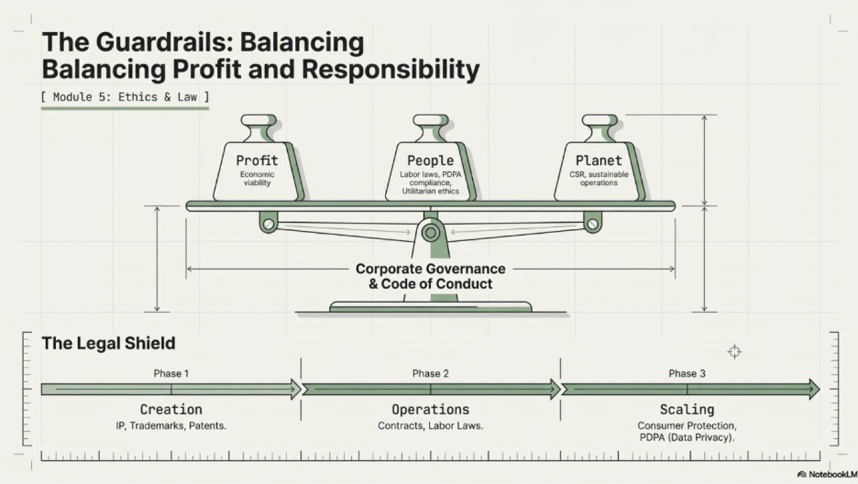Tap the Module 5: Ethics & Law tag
pyautogui.click(x=125, y=97)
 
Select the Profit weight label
pyautogui.click(x=257, y=160)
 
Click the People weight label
pyautogui.click(x=430, y=160)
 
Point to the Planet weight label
pyautogui.click(x=599, y=160)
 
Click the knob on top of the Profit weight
pyautogui.click(x=259, y=121)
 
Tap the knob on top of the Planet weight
pyautogui.click(x=599, y=121)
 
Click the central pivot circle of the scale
pyautogui.click(x=430, y=232)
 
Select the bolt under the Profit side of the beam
pyautogui.click(x=268, y=224)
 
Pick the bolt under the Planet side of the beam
pyautogui.click(x=592, y=224)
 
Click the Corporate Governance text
pyautogui.click(x=430, y=269)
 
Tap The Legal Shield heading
pyautogui.click(x=109, y=343)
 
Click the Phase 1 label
pyautogui.click(x=171, y=374)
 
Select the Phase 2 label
pyautogui.click(x=430, y=374)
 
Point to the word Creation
pyautogui.click(x=171, y=409)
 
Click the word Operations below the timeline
pyautogui.click(x=430, y=409)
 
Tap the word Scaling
pyautogui.click(x=687, y=409)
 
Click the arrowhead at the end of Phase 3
pyautogui.click(x=815, y=389)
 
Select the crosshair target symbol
pyautogui.click(x=734, y=352)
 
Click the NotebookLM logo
pyautogui.click(x=827, y=475)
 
